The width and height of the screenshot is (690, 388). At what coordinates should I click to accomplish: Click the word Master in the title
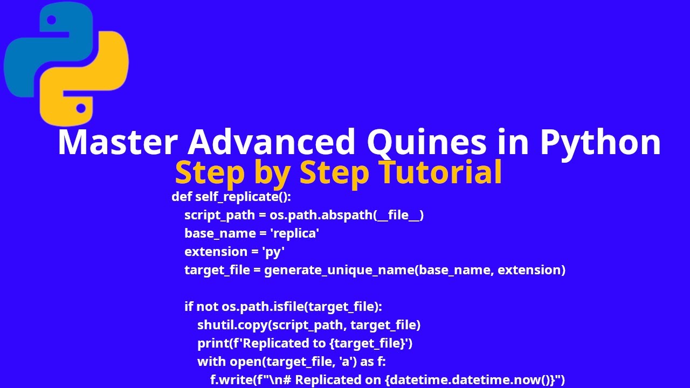pyautogui.click(x=117, y=142)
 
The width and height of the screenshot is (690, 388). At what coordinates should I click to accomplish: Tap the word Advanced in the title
pyautogui.click(x=272, y=142)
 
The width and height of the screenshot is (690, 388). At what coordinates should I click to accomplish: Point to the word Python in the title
pyautogui.click(x=600, y=142)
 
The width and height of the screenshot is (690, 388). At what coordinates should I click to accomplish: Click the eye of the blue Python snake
pyautogui.click(x=52, y=20)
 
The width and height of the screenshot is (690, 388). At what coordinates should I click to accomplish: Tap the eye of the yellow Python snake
pyautogui.click(x=81, y=108)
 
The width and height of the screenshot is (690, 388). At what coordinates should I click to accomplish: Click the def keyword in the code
pyautogui.click(x=182, y=197)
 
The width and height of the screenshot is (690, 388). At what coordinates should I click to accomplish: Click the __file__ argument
pyautogui.click(x=399, y=215)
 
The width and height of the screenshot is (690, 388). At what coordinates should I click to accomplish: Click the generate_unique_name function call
pyautogui.click(x=339, y=270)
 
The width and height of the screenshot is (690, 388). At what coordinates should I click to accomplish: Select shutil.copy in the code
pyautogui.click(x=232, y=325)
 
